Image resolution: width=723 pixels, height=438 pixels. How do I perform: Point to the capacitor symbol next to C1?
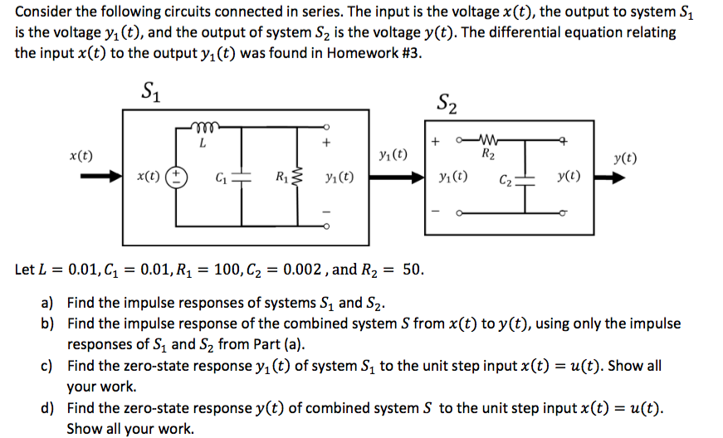pyautogui.click(x=241, y=178)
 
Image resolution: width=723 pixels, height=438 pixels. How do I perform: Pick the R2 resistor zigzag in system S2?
pyautogui.click(x=488, y=138)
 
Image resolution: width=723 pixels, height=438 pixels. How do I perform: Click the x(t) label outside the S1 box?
pyautogui.click(x=81, y=155)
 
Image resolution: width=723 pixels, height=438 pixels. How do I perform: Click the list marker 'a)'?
pyautogui.click(x=48, y=303)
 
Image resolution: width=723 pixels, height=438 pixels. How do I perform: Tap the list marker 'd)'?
pyautogui.click(x=48, y=408)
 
